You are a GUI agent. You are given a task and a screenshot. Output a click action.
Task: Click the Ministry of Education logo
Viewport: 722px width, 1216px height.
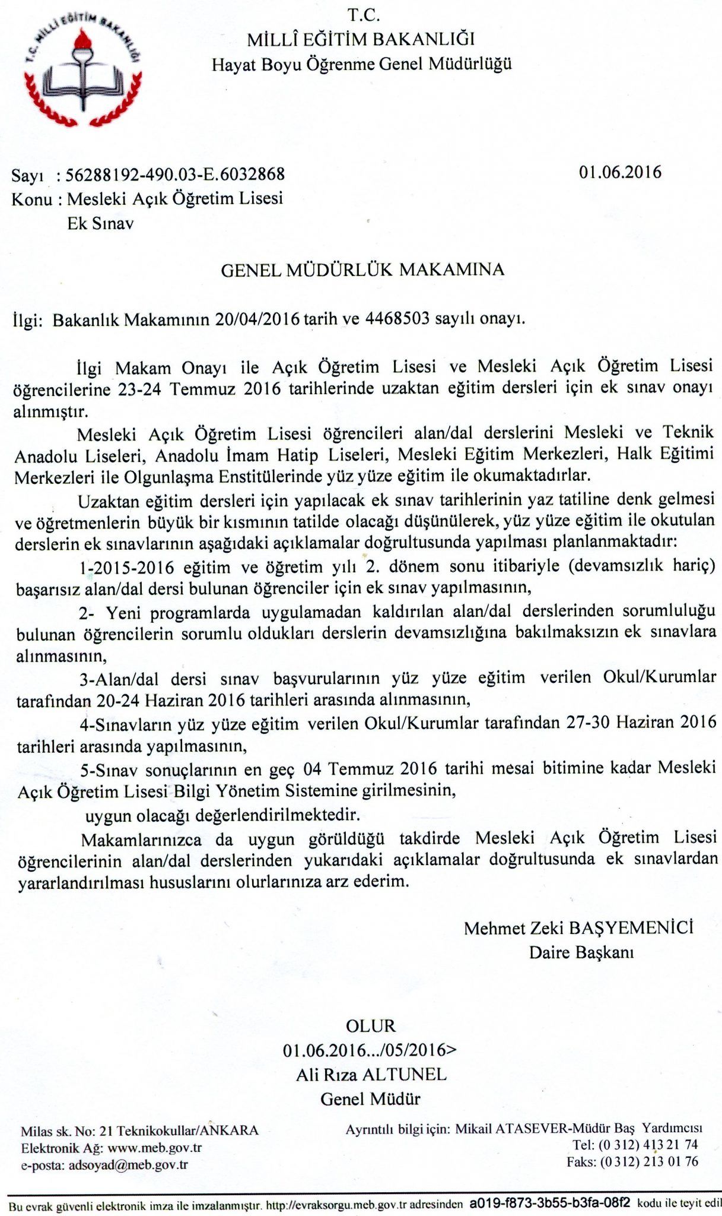click(x=83, y=69)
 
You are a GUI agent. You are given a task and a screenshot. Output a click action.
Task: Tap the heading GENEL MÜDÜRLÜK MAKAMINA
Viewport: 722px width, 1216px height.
click(x=362, y=270)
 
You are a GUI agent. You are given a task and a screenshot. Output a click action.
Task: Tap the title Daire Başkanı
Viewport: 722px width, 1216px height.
click(x=581, y=952)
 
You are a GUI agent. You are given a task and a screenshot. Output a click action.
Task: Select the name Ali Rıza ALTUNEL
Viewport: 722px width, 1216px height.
click(x=371, y=1075)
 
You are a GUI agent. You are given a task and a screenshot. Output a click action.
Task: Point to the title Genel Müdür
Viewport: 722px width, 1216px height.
click(x=370, y=1099)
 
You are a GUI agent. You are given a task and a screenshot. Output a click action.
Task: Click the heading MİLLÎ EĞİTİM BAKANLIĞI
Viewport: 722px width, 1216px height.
click(x=361, y=40)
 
